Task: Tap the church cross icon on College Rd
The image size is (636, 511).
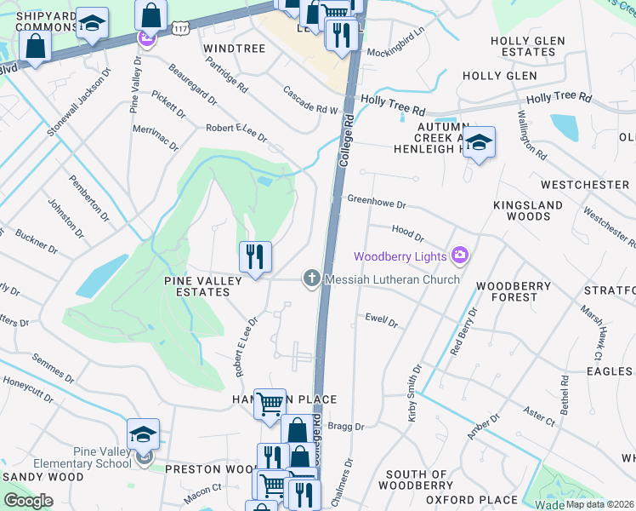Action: click(x=312, y=278)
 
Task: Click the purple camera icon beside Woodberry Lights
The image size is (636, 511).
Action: click(x=461, y=255)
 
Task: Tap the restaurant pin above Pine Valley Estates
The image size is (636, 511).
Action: click(x=255, y=256)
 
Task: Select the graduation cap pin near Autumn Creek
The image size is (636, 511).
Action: click(x=480, y=142)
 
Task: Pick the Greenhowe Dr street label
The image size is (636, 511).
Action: click(x=377, y=202)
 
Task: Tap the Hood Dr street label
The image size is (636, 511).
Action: click(x=407, y=233)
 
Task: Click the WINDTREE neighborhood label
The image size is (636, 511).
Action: click(x=236, y=49)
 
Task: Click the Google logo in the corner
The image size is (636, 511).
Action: click(x=28, y=500)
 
